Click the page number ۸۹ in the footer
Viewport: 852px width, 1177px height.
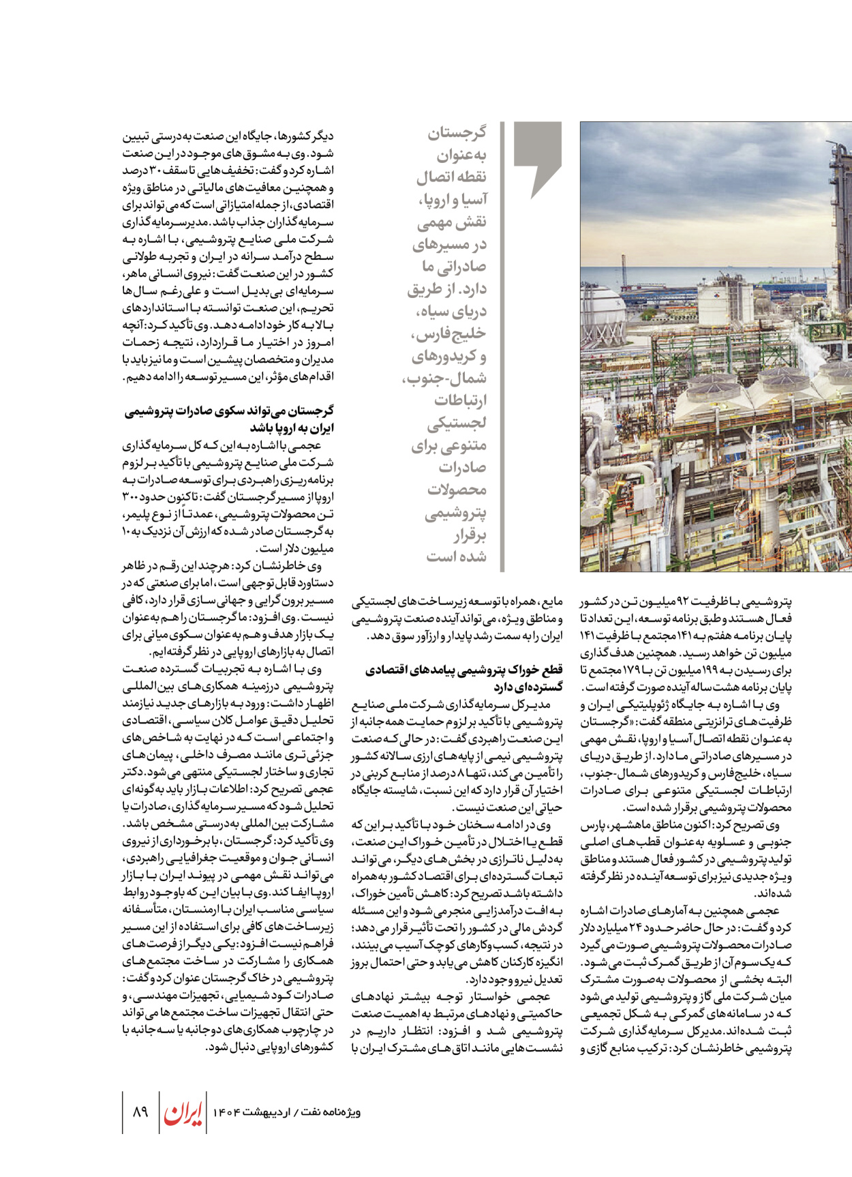click(140, 1112)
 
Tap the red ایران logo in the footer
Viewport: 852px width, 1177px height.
click(183, 1112)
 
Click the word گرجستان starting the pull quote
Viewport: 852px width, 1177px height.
click(457, 132)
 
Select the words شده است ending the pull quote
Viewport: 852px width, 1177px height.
click(457, 556)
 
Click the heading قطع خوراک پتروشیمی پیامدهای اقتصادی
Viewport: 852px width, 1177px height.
click(464, 670)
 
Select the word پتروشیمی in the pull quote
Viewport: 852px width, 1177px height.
click(456, 512)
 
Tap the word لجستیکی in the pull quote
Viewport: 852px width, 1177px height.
click(457, 423)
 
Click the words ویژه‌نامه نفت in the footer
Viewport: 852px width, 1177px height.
click(334, 1112)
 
